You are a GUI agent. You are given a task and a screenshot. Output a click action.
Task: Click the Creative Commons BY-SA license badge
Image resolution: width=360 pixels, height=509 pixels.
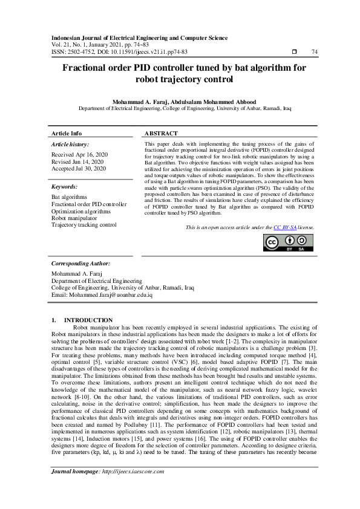pos(289,242)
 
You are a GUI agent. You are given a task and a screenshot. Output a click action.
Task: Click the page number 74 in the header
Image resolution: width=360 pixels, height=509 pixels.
pos(314,53)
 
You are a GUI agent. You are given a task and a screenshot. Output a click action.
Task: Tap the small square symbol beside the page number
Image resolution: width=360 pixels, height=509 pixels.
pos(293,53)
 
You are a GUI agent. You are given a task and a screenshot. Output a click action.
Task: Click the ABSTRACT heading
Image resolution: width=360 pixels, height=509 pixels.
pos(161,133)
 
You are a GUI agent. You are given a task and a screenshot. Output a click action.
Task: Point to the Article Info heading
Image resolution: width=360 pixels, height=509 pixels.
pos(67,133)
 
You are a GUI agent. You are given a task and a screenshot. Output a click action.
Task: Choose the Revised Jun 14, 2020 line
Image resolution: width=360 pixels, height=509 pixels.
pos(77,162)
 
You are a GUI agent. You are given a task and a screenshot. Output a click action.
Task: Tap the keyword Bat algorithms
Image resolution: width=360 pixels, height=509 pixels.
pos(69,197)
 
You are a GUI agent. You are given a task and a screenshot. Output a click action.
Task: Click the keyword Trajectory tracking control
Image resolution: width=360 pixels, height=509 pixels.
pos(84,225)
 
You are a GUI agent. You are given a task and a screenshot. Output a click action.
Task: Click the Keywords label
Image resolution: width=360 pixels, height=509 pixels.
pos(65,187)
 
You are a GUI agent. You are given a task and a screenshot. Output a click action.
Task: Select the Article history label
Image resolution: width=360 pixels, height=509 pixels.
pos(70,144)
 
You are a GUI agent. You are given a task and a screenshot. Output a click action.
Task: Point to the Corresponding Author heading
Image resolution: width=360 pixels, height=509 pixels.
pos(80,264)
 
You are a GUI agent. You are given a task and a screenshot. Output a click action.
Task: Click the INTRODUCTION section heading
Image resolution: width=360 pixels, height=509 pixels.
pos(88,320)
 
